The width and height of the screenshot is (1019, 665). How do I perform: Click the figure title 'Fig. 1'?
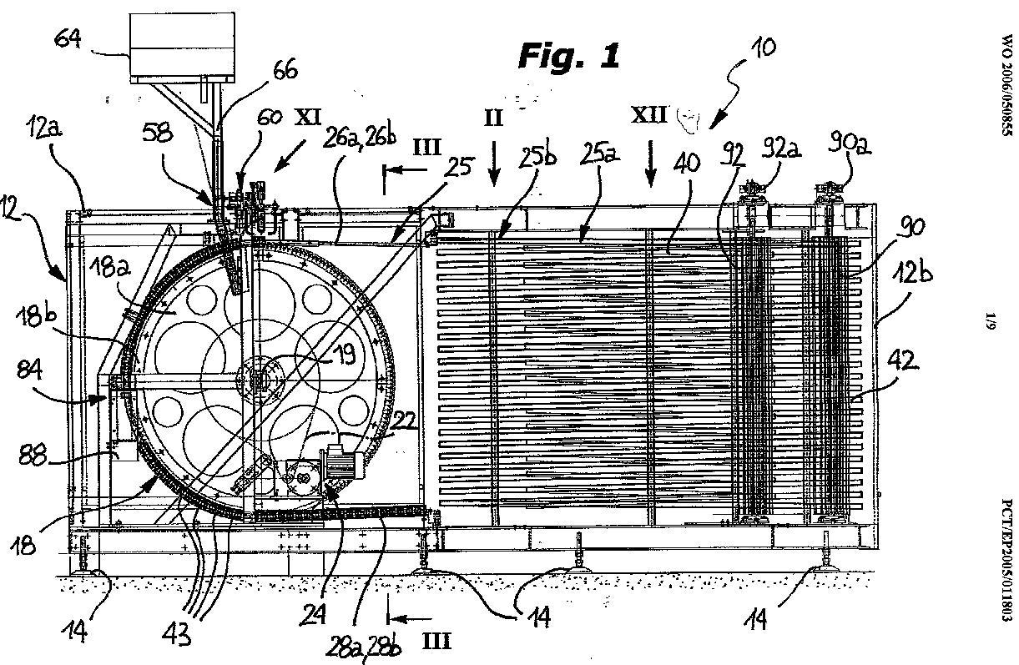[570, 56]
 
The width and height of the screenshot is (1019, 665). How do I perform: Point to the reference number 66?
[284, 70]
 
